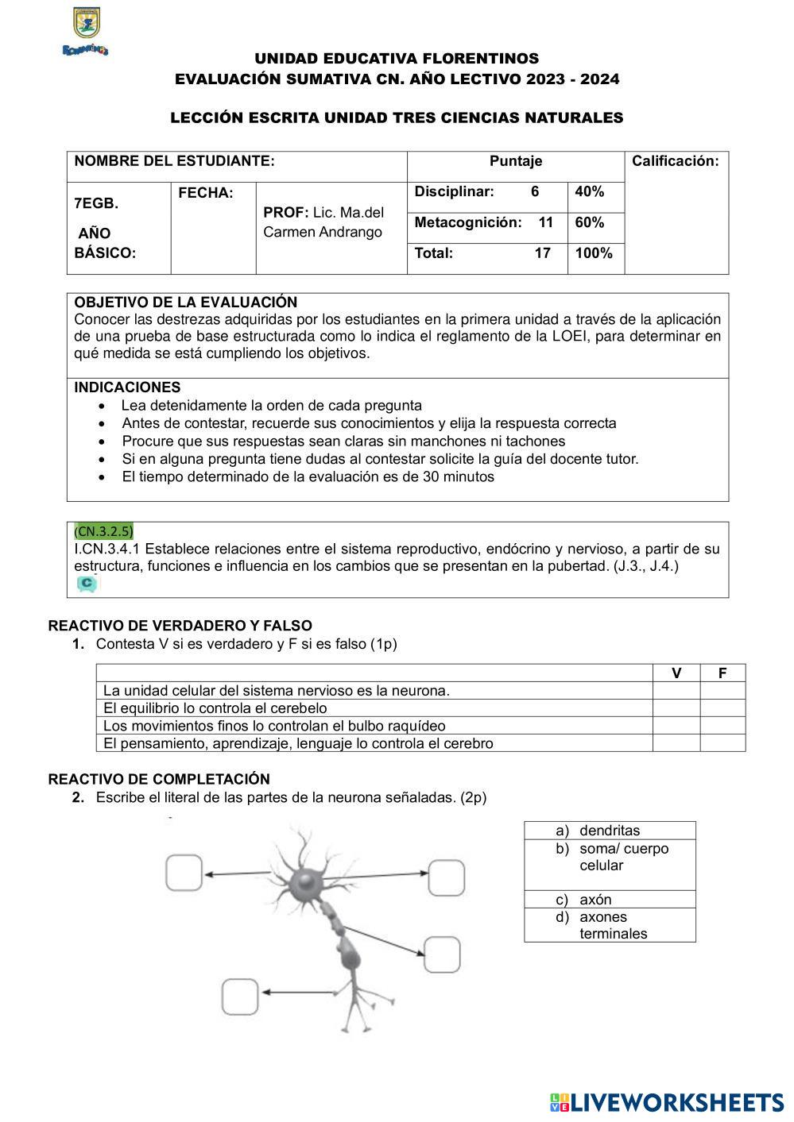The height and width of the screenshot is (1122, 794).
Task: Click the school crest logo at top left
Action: (86, 30)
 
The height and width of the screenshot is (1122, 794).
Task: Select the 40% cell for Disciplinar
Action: (590, 191)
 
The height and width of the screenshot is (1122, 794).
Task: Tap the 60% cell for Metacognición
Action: (590, 222)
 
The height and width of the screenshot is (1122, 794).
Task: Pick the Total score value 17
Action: (542, 253)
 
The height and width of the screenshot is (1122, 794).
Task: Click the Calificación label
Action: (675, 161)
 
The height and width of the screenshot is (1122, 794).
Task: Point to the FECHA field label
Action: (206, 193)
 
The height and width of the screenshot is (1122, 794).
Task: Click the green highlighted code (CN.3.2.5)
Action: (103, 530)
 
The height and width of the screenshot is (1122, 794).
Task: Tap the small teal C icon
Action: (87, 584)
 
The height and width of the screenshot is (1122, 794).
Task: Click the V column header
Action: (676, 673)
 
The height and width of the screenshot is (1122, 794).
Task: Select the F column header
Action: (722, 673)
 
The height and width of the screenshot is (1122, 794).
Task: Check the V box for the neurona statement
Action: (676, 691)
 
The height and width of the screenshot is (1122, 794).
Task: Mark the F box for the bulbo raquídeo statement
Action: (722, 726)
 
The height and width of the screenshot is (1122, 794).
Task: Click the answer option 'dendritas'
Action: (610, 831)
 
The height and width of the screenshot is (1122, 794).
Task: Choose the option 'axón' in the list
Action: (595, 900)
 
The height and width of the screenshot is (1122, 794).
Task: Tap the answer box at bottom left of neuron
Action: (240, 997)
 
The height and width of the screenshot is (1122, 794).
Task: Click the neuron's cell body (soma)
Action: (305, 880)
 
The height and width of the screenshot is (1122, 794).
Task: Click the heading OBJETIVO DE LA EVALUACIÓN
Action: (185, 303)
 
